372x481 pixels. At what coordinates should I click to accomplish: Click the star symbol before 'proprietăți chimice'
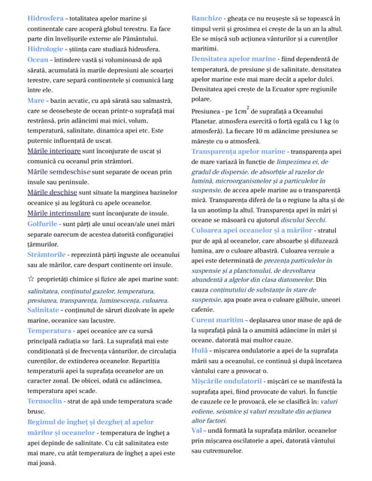click(x=31, y=280)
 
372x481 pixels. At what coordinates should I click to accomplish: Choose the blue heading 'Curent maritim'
click(x=222, y=319)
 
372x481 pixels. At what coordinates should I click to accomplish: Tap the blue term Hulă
click(x=200, y=350)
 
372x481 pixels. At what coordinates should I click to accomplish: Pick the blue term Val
click(x=197, y=431)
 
